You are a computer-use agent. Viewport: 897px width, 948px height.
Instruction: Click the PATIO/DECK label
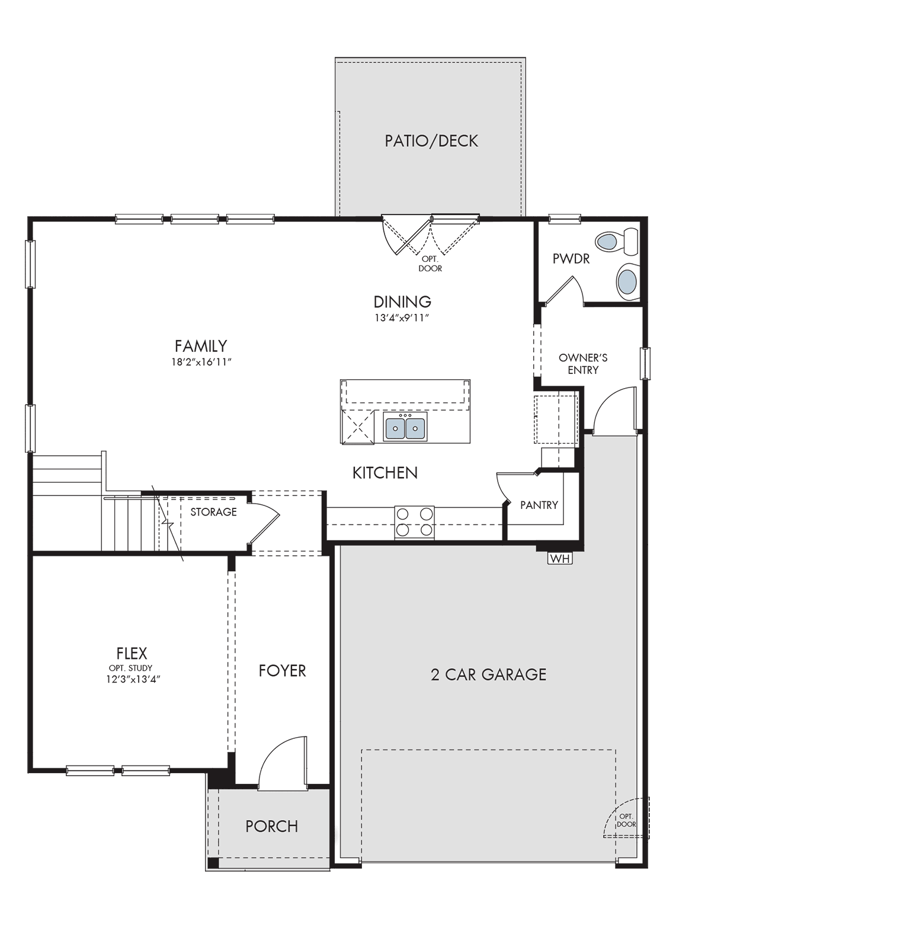pos(431,141)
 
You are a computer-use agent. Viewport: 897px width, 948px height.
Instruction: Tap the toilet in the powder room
pos(616,241)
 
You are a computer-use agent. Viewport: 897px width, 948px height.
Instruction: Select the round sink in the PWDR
pos(627,281)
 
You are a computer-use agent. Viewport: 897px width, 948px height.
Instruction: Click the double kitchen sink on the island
pos(405,428)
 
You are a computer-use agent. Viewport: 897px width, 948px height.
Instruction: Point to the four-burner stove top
pos(414,522)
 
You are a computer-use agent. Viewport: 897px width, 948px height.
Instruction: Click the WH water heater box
pos(560,558)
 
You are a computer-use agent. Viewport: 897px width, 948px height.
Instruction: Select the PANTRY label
pos(539,505)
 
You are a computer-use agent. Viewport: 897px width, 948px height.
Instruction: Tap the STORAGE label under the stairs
pos(213,512)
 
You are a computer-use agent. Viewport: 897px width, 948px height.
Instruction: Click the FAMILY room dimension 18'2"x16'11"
pos(201,362)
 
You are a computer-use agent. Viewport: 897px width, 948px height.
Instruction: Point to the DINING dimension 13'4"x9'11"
pos(402,318)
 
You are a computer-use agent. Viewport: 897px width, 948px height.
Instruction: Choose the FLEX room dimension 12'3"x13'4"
pos(131,680)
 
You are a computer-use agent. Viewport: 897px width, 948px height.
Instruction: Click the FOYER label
pos(282,671)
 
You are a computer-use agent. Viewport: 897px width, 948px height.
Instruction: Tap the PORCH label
pos(272,826)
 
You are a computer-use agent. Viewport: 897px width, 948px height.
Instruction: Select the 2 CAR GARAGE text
pos(488,674)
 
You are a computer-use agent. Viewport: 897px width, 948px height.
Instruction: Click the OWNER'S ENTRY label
pos(583,364)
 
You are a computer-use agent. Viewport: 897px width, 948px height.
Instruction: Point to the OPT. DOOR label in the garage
pos(626,820)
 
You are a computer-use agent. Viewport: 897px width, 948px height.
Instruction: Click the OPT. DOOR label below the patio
pos(430,264)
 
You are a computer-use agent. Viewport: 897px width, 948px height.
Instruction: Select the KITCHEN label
pos(385,473)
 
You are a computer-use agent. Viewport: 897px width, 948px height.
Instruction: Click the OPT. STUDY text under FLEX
pos(130,668)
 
